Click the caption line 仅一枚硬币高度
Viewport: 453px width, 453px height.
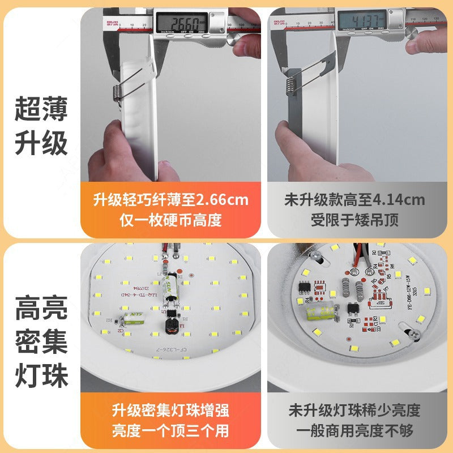tap(170, 220)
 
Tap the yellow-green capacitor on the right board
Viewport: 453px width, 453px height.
tap(320, 313)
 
